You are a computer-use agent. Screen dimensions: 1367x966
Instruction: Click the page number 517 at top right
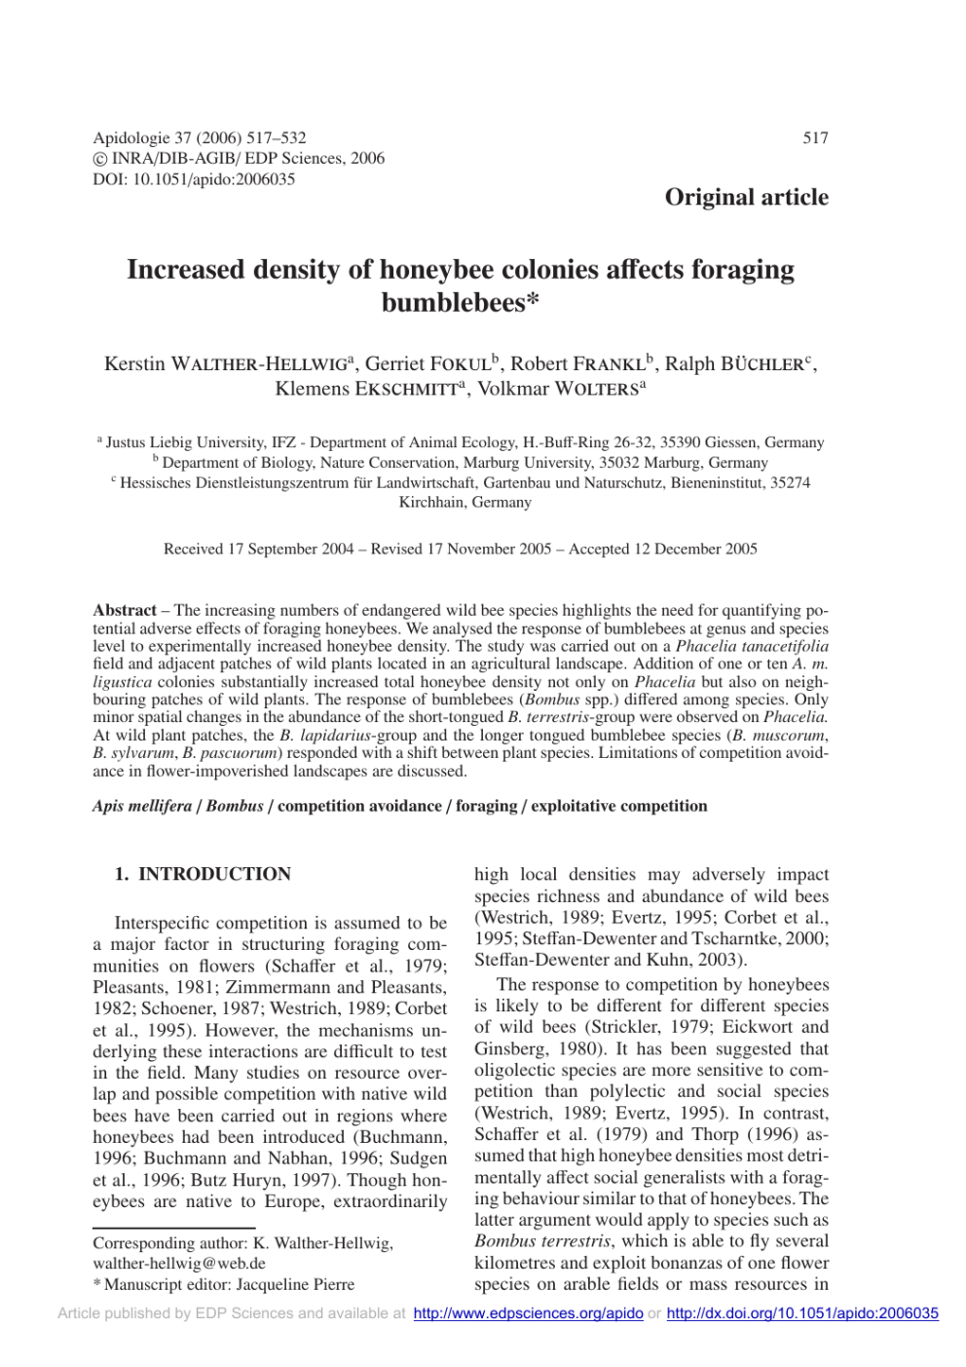tap(815, 138)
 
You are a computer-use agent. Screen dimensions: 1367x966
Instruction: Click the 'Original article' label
tap(746, 197)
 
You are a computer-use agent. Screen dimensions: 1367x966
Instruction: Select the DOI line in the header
tap(194, 179)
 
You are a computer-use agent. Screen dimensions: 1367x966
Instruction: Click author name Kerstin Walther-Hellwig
tap(226, 364)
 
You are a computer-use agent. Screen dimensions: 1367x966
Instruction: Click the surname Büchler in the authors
tap(762, 364)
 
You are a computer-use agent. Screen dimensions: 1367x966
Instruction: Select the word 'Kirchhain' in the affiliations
tap(429, 503)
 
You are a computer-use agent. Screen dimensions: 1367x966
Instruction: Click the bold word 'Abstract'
tap(125, 611)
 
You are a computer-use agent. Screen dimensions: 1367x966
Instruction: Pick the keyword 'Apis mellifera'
tap(142, 806)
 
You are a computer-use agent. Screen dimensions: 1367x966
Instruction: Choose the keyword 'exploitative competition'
tap(618, 806)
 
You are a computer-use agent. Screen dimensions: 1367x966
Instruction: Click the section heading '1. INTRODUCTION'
tap(203, 874)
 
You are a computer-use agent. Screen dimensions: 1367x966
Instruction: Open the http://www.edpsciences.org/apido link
tap(528, 1313)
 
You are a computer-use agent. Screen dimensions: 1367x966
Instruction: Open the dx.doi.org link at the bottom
tap(802, 1313)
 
